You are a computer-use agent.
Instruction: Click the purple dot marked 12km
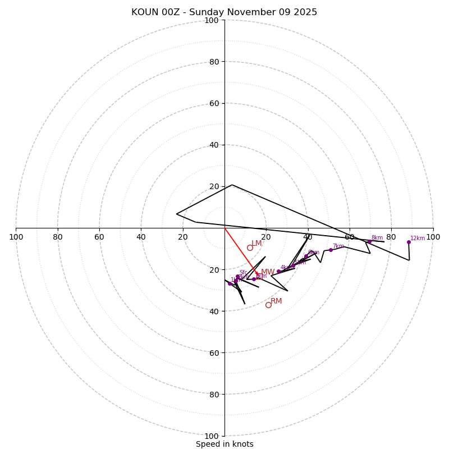(x=409, y=242)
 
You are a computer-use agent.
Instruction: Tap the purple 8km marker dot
(x=369, y=242)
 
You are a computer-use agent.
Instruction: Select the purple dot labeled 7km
(x=331, y=250)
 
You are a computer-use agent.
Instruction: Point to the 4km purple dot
(x=278, y=271)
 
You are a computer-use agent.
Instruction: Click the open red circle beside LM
(x=250, y=248)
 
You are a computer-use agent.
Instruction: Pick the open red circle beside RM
(x=268, y=305)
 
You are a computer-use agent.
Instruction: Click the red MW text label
(x=268, y=272)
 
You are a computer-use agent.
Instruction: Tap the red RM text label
(x=276, y=301)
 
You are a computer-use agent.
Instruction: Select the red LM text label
(x=256, y=244)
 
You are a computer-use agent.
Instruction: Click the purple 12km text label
(x=418, y=238)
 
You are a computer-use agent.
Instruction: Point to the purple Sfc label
(x=243, y=273)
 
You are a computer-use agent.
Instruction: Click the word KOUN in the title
(x=145, y=12)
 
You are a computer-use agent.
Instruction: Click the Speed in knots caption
(x=224, y=444)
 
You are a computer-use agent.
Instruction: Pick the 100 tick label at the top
(x=211, y=20)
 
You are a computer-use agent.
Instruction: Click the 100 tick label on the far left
(x=16, y=237)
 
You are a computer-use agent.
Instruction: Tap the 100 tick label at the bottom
(x=211, y=436)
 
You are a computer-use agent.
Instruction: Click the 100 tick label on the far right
(x=433, y=237)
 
